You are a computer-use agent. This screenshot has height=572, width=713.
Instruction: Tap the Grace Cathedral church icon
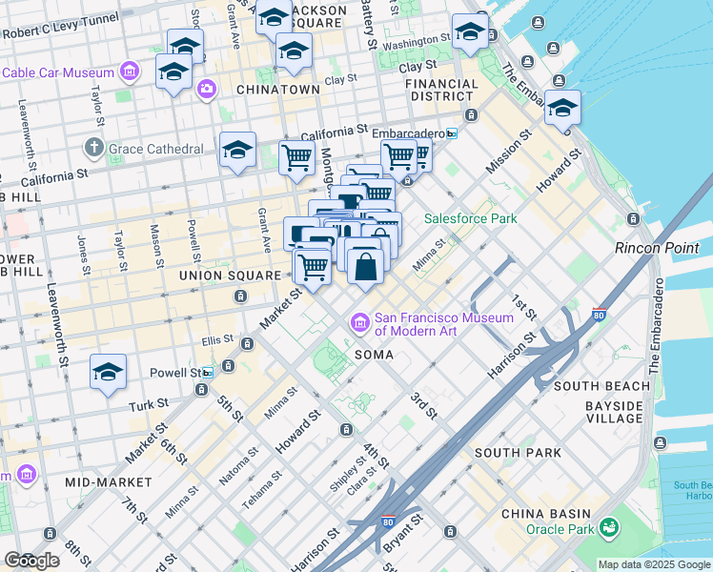pos(93,149)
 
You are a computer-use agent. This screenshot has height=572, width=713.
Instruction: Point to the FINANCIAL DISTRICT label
pos(441,90)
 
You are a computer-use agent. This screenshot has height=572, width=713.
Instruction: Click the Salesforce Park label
pos(470,218)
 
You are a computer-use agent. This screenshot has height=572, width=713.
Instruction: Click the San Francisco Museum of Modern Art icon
pos(361,324)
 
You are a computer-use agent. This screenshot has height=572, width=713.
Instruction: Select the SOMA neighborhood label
pos(371,355)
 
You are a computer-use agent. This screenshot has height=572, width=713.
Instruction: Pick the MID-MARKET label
pos(108,482)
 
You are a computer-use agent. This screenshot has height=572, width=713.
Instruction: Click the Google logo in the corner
pos(31,561)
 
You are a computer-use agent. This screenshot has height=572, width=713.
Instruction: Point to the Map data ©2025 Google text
pos(654,564)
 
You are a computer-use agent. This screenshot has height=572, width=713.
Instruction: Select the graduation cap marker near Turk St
pos(109,372)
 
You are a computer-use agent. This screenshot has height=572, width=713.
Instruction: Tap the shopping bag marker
pos(365,266)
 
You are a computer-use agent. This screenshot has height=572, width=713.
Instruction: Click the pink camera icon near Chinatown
pos(206,89)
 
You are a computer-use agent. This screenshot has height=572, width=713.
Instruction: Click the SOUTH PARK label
pos(511,452)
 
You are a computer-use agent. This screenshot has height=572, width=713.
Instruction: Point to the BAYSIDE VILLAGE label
pos(614,412)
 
